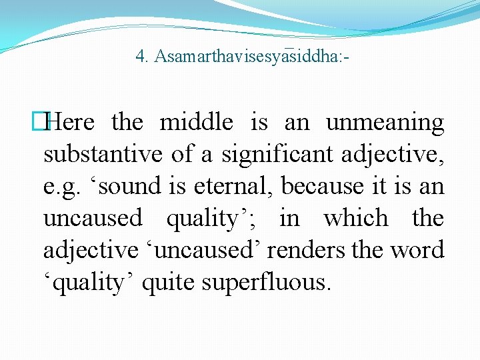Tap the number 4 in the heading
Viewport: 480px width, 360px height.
click(x=140, y=57)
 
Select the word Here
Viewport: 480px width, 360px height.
click(x=73, y=123)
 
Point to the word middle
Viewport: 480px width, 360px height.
click(x=196, y=123)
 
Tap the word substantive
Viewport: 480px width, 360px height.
click(x=103, y=155)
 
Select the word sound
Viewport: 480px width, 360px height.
click(x=127, y=187)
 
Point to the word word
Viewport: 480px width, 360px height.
click(x=417, y=251)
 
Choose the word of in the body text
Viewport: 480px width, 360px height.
click(x=181, y=155)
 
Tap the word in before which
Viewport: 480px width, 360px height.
click(x=289, y=219)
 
